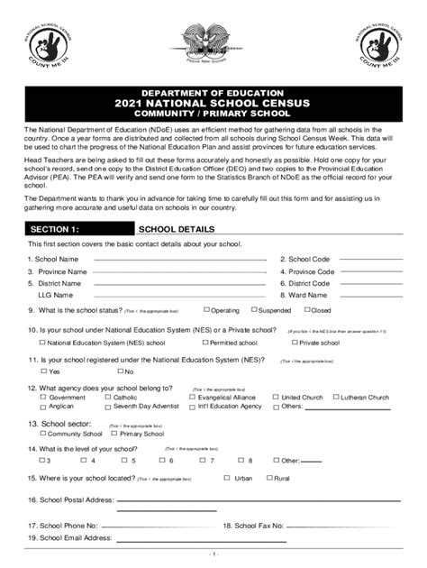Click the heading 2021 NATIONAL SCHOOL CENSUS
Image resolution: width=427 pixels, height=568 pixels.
click(x=213, y=104)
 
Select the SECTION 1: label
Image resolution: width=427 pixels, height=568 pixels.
click(x=55, y=229)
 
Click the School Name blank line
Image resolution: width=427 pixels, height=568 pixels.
click(x=180, y=259)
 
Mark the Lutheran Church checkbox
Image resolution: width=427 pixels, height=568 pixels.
click(x=335, y=398)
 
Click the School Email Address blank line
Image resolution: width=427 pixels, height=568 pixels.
click(x=198, y=539)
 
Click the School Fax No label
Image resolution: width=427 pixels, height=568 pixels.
click(x=253, y=525)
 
